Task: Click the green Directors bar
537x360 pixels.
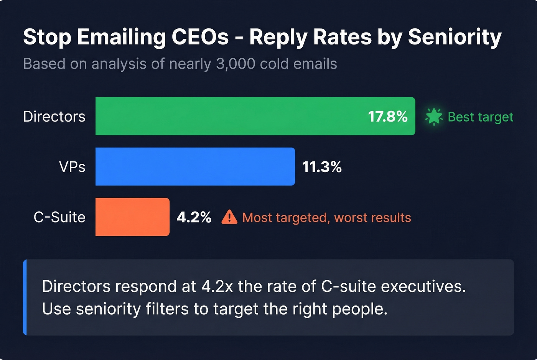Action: tap(230, 116)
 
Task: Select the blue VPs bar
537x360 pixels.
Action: tap(195, 166)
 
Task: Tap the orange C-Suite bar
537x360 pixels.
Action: tap(132, 217)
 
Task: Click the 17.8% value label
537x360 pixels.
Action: tap(387, 117)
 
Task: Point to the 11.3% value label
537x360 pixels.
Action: tap(322, 167)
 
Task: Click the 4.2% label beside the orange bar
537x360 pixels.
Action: tap(194, 217)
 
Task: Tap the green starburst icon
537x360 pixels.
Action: tap(434, 117)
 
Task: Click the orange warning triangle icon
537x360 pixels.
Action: tap(229, 217)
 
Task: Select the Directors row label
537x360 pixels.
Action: tap(54, 117)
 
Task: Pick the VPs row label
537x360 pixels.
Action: tap(72, 167)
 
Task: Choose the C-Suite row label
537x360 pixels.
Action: tap(59, 217)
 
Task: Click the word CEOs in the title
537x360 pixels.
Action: tap(200, 37)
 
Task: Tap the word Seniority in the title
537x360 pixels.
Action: tap(455, 37)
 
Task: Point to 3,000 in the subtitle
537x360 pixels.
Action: tap(236, 64)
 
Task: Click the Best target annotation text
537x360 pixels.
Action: tap(480, 117)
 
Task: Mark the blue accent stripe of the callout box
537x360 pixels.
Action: tap(25, 298)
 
